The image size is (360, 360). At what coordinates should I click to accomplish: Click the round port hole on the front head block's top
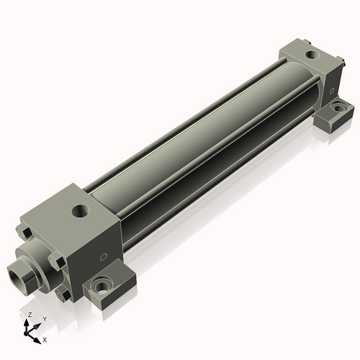tap(81, 211)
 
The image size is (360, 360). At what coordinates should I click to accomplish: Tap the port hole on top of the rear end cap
tap(312, 55)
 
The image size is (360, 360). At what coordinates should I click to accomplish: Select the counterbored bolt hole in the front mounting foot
tap(102, 285)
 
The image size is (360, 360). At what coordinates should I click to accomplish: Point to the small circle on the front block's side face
tap(104, 257)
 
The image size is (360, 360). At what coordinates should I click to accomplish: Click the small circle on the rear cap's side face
tap(332, 91)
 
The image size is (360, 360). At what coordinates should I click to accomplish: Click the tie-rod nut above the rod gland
tap(24, 233)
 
